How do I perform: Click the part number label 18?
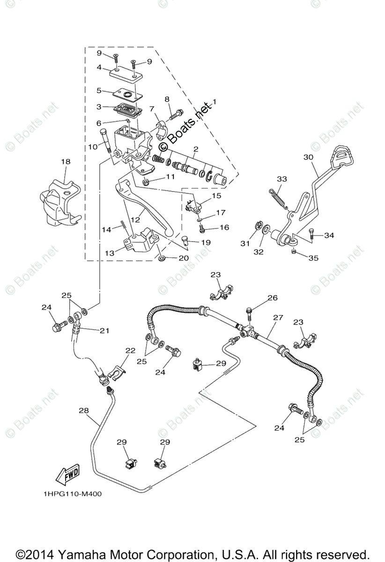coord(65,162)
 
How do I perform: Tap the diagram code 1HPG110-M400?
coord(73,493)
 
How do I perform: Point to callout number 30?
coord(308,157)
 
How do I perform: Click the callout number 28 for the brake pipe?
coord(83,411)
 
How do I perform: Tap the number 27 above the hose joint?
coord(278,318)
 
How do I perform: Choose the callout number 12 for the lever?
coord(136,219)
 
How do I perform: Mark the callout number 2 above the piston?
coord(195,149)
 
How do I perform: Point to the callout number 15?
coord(216,195)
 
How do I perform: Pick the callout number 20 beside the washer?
coord(183,259)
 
